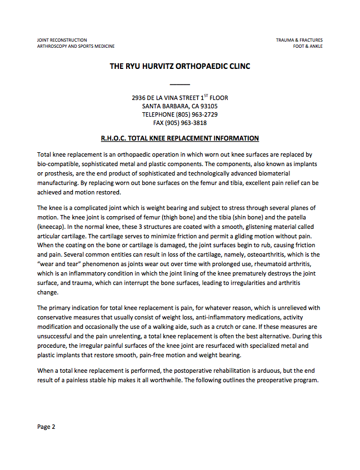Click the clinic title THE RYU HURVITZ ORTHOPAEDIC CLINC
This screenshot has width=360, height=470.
click(x=179, y=66)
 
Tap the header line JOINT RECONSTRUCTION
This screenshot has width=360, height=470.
click(x=62, y=40)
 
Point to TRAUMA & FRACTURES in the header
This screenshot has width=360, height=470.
click(x=299, y=40)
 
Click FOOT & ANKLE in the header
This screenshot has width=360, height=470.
click(x=308, y=46)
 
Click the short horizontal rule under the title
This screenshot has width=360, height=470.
click(x=179, y=84)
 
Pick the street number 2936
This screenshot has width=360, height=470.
click(x=139, y=98)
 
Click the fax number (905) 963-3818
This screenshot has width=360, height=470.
click(x=188, y=123)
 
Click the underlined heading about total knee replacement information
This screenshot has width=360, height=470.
click(x=179, y=138)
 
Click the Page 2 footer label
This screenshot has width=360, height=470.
click(x=46, y=427)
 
